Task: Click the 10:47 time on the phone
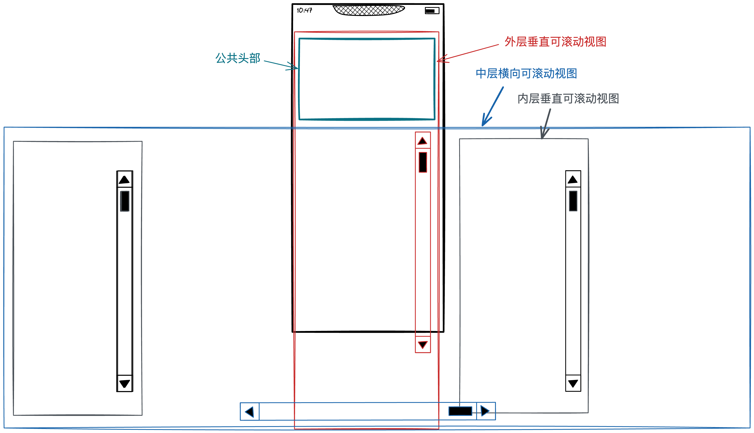[304, 10]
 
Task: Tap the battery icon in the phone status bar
[432, 11]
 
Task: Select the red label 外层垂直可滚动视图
[555, 42]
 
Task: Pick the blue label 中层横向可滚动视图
[526, 73]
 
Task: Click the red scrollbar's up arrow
[422, 141]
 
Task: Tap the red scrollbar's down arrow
[423, 345]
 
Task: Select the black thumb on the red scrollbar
[423, 162]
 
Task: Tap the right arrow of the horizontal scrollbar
[485, 411]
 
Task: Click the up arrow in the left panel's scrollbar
[124, 180]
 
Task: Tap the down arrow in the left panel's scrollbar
[124, 384]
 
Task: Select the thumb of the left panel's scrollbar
[125, 201]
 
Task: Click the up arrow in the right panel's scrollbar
[573, 179]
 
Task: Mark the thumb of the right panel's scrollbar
[573, 201]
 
